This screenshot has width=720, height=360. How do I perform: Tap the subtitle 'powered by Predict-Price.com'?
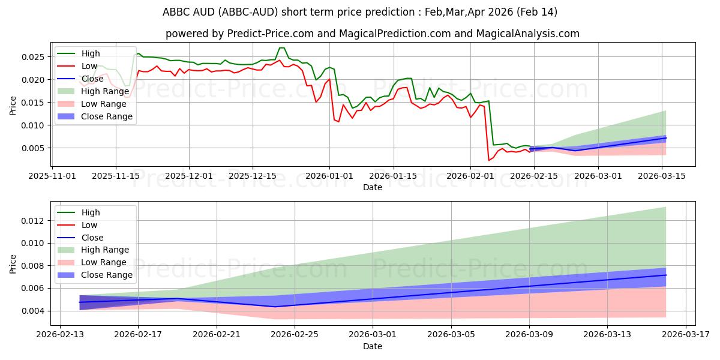(x=372, y=34)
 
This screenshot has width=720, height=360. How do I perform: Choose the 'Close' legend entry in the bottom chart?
(x=92, y=238)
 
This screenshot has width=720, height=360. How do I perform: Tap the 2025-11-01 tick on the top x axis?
(x=53, y=176)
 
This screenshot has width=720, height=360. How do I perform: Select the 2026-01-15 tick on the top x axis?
(x=393, y=176)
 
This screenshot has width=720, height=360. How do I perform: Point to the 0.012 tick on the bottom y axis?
(x=34, y=221)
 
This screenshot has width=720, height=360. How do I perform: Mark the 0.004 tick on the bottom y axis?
(x=34, y=311)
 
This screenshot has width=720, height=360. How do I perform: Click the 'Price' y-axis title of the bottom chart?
(x=13, y=263)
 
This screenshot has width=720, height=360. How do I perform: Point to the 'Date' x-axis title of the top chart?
(x=373, y=187)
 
